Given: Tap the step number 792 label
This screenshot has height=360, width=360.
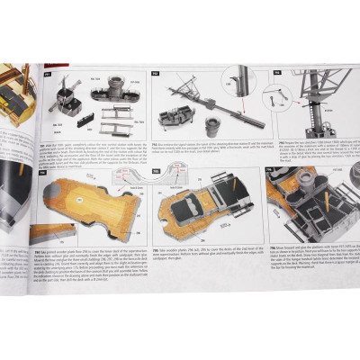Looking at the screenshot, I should pyautogui.click(x=156, y=73).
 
